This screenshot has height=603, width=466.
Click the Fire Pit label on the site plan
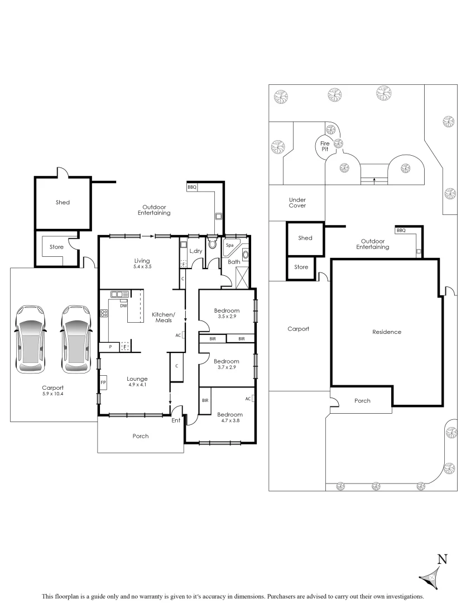pyautogui.click(x=324, y=146)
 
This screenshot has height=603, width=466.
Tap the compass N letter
pyautogui.click(x=442, y=559)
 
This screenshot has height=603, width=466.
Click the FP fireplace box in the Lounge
pyautogui.click(x=103, y=383)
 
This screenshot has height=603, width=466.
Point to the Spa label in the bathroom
pyautogui.click(x=229, y=245)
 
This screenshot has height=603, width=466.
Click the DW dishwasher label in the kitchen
pyautogui.click(x=123, y=305)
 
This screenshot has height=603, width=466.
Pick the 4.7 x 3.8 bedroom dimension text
pyautogui.click(x=230, y=422)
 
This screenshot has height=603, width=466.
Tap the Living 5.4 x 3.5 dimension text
pyautogui.click(x=143, y=267)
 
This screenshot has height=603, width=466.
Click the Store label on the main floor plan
pyautogui.click(x=56, y=247)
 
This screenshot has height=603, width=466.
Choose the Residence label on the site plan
pyautogui.click(x=387, y=332)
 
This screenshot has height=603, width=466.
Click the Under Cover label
pyautogui.click(x=297, y=203)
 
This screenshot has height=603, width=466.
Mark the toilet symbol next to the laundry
pyautogui.click(x=212, y=243)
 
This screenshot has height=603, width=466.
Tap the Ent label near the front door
pyautogui.click(x=176, y=421)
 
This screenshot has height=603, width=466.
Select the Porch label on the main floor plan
pyautogui.click(x=141, y=436)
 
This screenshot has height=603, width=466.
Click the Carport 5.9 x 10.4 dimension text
pyautogui.click(x=53, y=394)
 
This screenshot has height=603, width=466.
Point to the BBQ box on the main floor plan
pyautogui.click(x=192, y=187)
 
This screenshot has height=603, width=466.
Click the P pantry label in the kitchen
pyautogui.click(x=110, y=347)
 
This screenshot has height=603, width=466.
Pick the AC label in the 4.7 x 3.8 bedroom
pyautogui.click(x=248, y=399)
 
